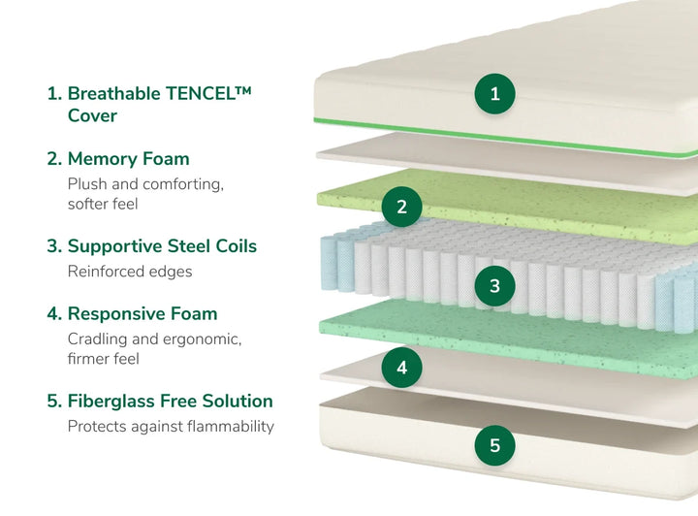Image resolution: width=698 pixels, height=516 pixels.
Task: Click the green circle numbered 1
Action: [494, 93]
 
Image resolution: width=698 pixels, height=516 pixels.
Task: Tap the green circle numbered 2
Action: [401, 207]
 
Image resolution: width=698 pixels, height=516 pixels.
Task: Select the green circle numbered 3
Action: [494, 286]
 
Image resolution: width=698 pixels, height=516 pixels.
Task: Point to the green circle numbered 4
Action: [401, 368]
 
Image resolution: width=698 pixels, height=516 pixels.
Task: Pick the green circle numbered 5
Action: [494, 445]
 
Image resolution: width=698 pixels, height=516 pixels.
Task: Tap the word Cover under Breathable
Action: [93, 115]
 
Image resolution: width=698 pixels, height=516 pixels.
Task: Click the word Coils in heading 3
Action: [236, 246]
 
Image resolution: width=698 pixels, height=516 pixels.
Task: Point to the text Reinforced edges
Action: [130, 272]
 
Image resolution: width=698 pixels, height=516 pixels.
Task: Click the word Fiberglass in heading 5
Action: [111, 402]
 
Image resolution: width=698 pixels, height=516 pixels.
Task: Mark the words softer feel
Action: [103, 204]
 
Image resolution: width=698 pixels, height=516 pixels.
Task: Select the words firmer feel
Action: [104, 359]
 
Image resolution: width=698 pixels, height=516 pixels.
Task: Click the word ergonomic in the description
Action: [202, 339]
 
